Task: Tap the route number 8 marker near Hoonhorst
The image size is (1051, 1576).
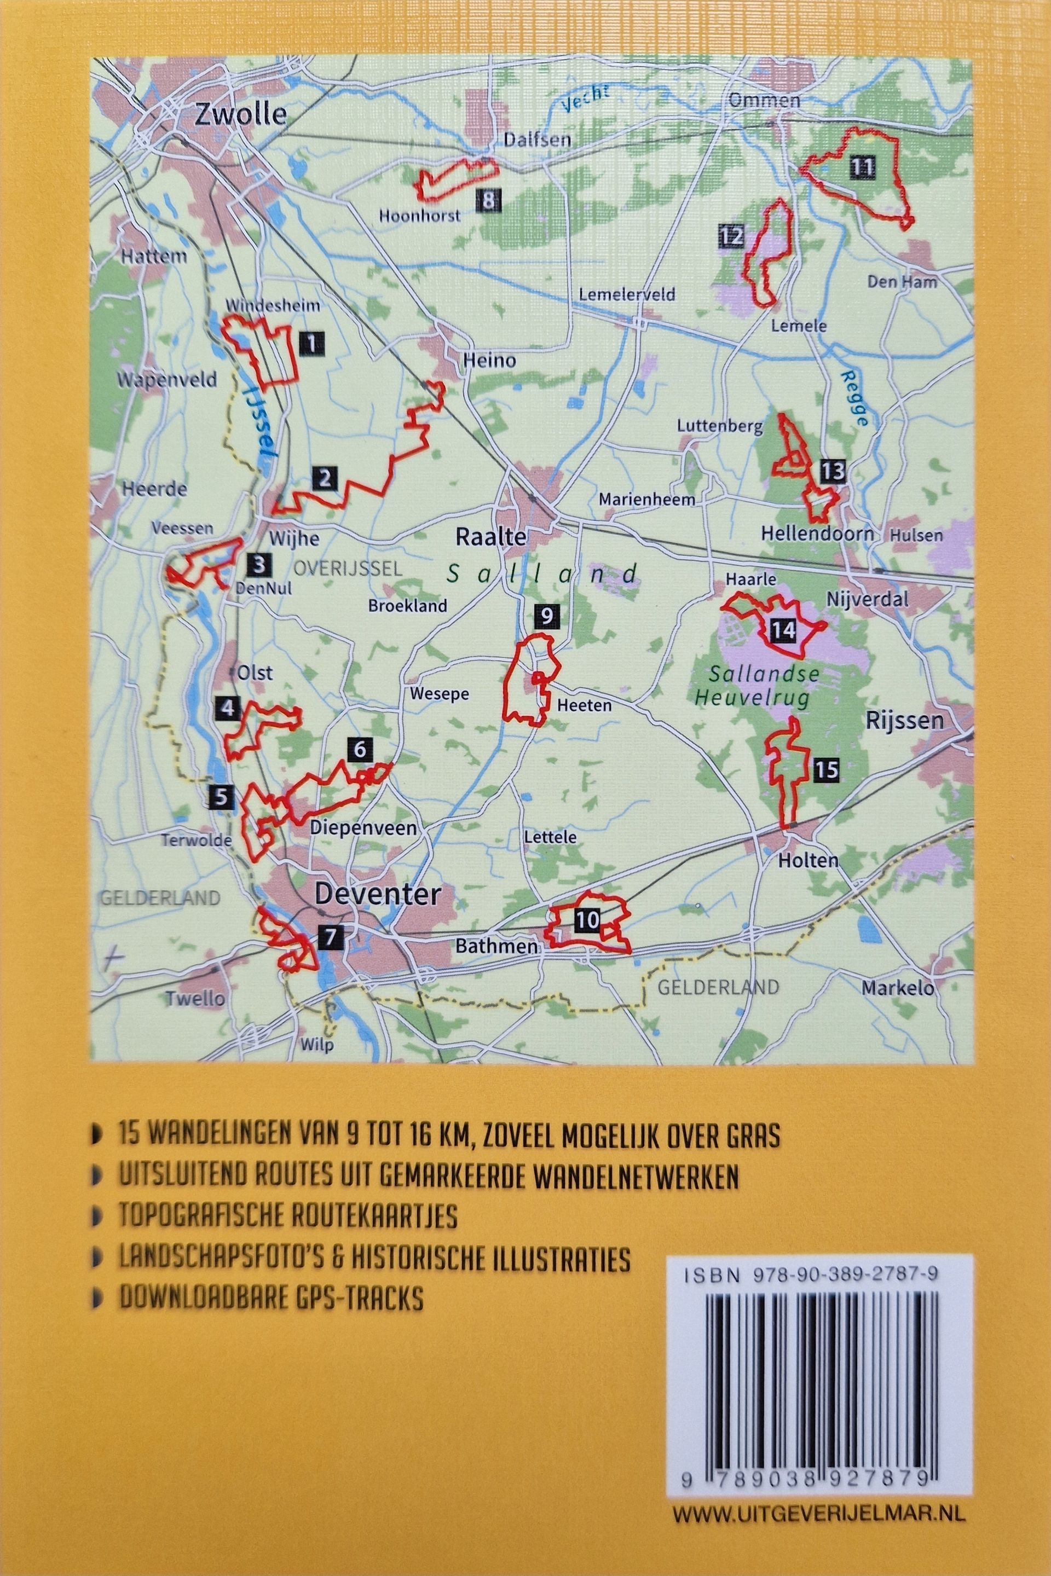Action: click(x=489, y=200)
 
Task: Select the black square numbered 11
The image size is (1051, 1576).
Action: click(x=861, y=167)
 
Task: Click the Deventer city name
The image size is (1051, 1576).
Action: click(x=378, y=895)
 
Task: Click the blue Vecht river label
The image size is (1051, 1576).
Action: click(x=586, y=97)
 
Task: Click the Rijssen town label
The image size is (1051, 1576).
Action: click(x=904, y=720)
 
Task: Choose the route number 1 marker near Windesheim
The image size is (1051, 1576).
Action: click(x=311, y=344)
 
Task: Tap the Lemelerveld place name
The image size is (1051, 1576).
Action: click(x=627, y=294)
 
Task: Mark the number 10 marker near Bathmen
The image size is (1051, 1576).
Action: click(x=587, y=920)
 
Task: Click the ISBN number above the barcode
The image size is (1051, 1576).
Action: click(x=811, y=1278)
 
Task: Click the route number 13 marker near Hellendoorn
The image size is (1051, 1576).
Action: click(x=832, y=472)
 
